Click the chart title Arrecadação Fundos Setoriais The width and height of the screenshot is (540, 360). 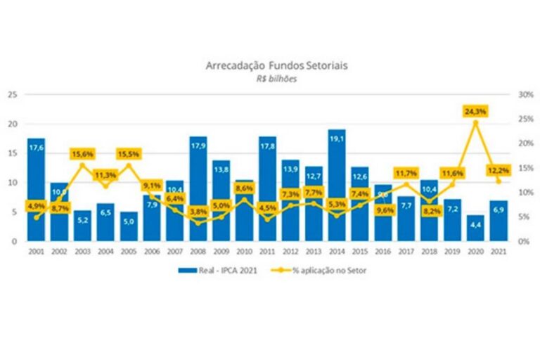click(x=276, y=66)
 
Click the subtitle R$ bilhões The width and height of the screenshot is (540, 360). click(x=276, y=79)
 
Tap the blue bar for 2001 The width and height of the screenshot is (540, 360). click(x=37, y=190)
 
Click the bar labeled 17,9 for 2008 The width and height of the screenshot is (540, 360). click(x=198, y=190)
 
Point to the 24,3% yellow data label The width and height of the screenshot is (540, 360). click(x=475, y=111)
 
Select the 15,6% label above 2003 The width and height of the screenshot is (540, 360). click(x=83, y=154)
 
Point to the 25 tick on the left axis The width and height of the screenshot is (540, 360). click(x=11, y=94)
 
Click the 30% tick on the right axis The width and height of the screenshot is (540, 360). click(x=524, y=94)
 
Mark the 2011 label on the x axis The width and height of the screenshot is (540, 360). click(x=267, y=251)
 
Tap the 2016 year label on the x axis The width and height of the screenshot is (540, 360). click(x=383, y=251)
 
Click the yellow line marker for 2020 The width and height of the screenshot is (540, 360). click(x=475, y=122)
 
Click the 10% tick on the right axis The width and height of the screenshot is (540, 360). click(x=524, y=192)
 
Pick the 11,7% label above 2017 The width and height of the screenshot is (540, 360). click(x=406, y=172)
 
